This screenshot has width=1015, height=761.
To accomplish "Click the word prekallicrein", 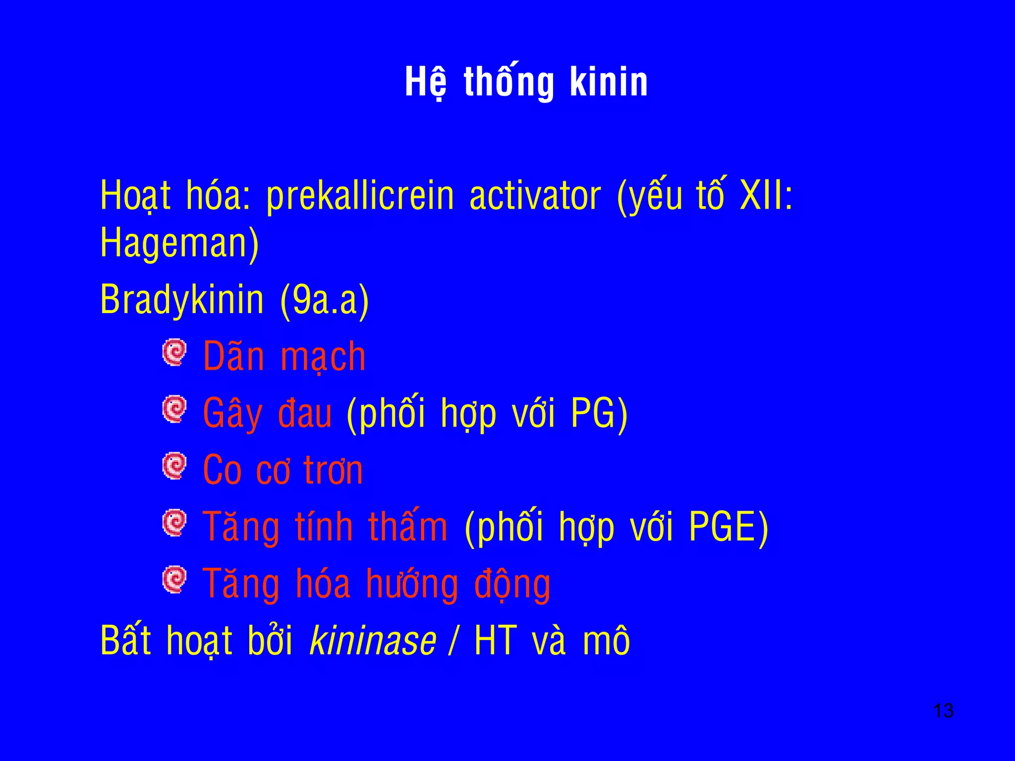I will [360, 196].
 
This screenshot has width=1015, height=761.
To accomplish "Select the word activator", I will [535, 196].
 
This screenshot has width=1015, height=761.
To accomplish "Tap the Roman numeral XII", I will [761, 195].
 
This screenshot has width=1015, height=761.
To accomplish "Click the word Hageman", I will [179, 243].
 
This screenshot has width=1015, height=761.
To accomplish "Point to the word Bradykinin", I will [182, 300].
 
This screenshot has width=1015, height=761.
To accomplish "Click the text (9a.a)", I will [325, 300].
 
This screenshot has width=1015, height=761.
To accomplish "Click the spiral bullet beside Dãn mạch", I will [174, 352].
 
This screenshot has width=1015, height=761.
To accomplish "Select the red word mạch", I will [323, 357].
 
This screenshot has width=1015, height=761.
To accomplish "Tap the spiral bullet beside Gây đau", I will [174, 409].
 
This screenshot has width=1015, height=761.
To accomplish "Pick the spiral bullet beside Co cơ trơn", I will [174, 466].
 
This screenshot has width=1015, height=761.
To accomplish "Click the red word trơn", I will [333, 470].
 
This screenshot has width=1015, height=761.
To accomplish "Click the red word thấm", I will [408, 527].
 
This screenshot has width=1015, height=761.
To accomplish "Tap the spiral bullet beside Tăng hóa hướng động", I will [174, 580].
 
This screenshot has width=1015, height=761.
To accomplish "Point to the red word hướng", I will [412, 585].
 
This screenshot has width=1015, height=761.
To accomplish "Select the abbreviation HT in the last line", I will [496, 641].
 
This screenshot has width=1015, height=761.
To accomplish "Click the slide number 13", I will [943, 711].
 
